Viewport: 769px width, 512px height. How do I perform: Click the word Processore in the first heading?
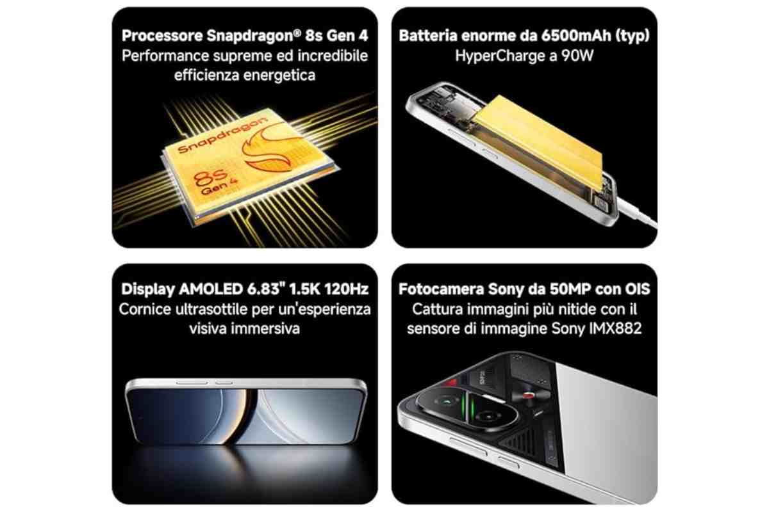tap(162, 36)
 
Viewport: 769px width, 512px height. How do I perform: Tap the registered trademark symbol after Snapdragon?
tap(297, 33)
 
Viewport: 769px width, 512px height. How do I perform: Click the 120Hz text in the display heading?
tap(346, 289)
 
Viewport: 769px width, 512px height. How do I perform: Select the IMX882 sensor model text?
tap(615, 328)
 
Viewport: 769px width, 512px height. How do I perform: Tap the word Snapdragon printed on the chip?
tap(222, 134)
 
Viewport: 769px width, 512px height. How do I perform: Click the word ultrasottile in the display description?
tap(211, 309)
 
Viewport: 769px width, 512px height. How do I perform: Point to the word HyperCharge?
tap(500, 56)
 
